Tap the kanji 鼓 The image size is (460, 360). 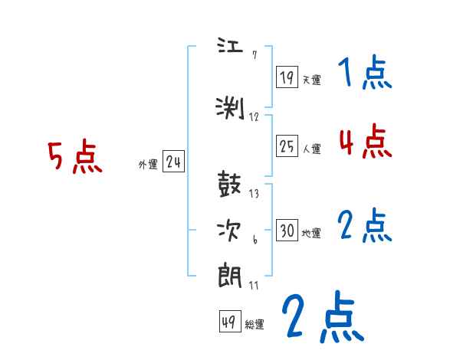click(232, 187)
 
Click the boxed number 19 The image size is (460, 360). click(287, 77)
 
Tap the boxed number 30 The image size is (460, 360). click(287, 231)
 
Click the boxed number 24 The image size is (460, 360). click(174, 162)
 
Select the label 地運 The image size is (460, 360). click(311, 234)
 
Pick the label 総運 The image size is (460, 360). click(255, 325)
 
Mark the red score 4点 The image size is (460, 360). click(364, 141)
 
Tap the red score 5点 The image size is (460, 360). click(74, 158)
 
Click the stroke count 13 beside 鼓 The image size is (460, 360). click(254, 194)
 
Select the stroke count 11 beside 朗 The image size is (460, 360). click(254, 286)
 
